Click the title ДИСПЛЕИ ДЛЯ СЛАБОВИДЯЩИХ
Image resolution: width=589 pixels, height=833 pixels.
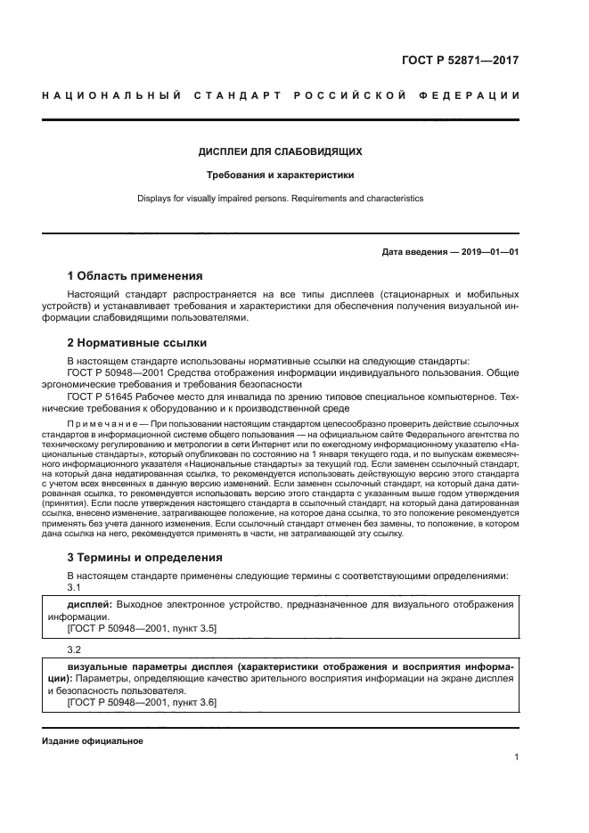tap(280, 151)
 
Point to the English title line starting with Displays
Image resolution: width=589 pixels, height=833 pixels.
tap(280, 199)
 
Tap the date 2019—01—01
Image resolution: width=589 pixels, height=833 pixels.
tap(488, 252)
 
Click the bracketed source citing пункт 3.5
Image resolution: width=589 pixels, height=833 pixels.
tap(143, 628)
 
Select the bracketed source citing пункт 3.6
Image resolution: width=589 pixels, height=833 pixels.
tap(143, 703)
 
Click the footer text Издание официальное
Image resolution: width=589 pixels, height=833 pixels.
tap(93, 741)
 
